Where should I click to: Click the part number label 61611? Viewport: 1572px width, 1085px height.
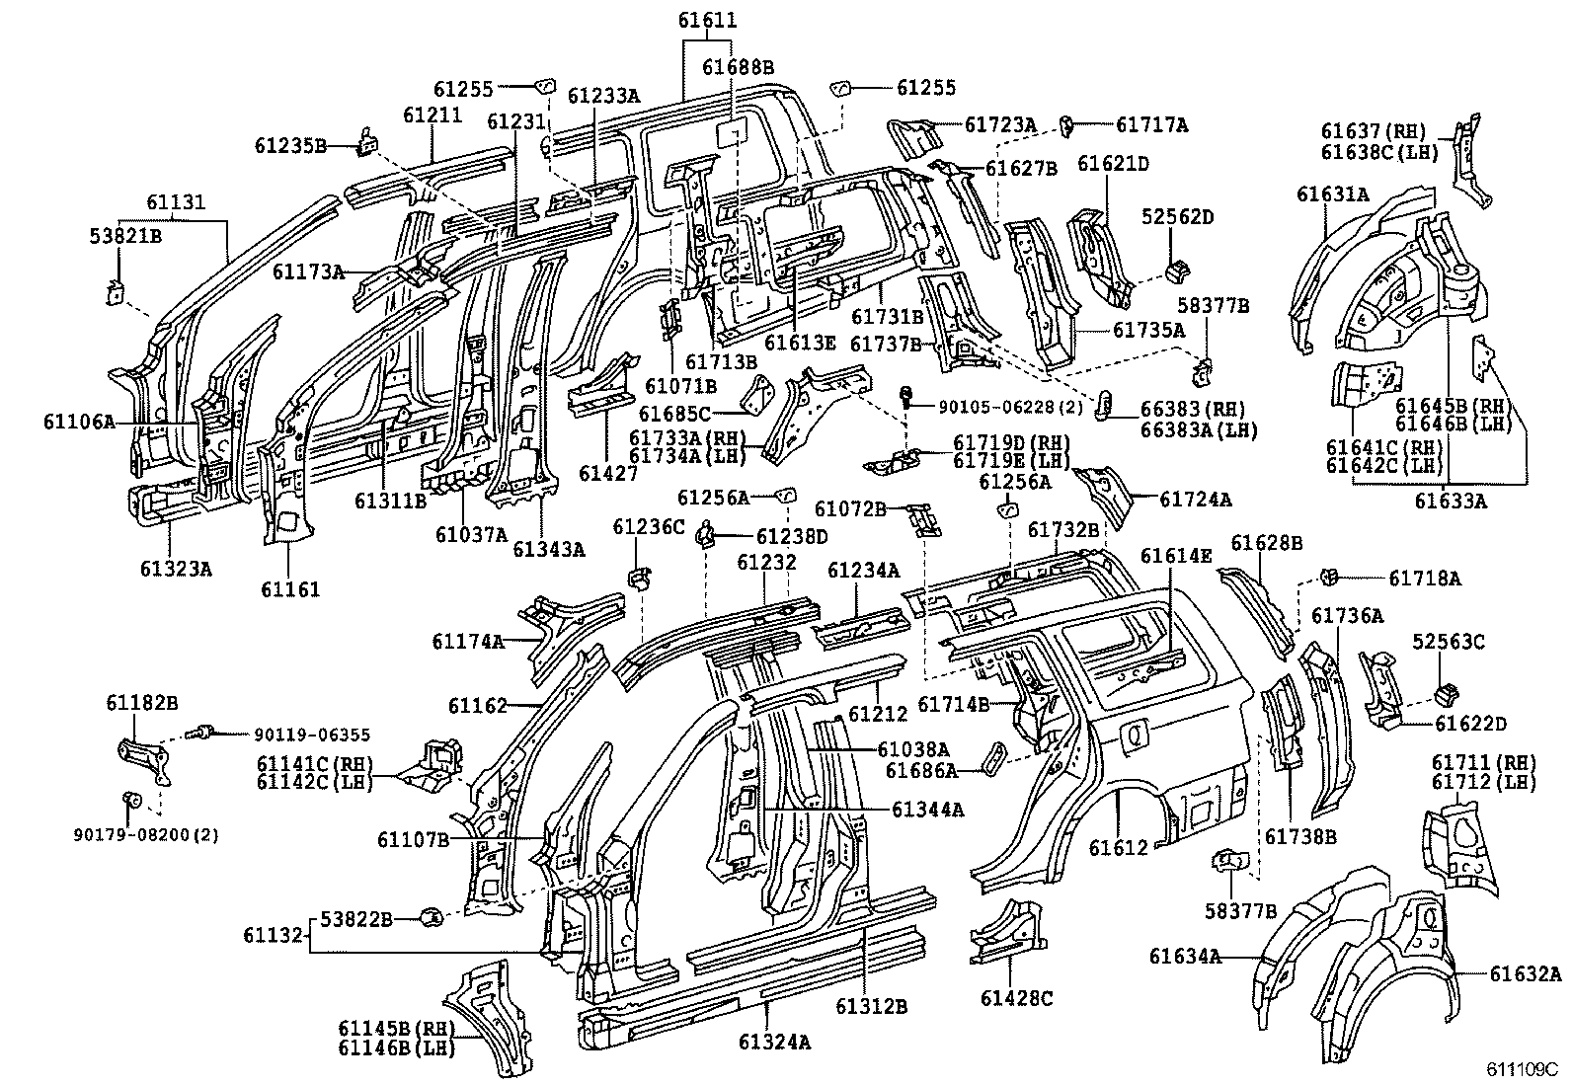707,20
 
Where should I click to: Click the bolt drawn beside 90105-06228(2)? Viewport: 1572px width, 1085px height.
905,398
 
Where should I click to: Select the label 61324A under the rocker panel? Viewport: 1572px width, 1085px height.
774,1042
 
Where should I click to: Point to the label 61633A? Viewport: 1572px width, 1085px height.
1449,501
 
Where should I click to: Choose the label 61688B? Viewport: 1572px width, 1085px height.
738,66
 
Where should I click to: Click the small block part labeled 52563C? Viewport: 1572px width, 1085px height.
1445,691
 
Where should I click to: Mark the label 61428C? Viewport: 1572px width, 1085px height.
1017,998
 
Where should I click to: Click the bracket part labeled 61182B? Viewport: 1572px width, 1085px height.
143,761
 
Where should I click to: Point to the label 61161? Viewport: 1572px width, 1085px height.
290,589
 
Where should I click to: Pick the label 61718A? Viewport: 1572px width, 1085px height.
1424,579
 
